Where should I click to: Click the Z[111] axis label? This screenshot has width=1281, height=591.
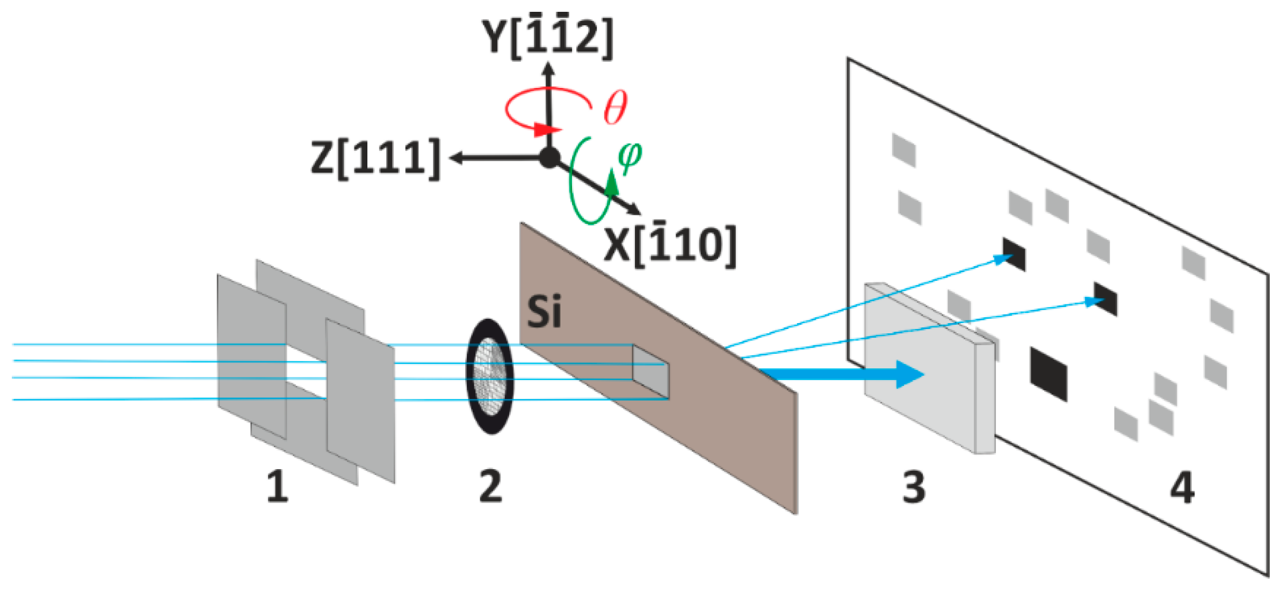[375, 158]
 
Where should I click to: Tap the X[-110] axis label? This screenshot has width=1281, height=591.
[670, 245]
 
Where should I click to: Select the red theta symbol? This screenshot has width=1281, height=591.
[615, 107]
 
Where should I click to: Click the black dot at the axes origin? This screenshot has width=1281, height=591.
[549, 158]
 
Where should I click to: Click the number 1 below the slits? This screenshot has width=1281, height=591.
[277, 486]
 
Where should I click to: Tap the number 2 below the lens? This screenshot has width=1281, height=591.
[490, 486]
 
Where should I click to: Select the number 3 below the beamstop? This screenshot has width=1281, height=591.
[914, 487]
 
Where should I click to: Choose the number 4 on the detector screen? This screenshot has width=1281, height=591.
[1182, 487]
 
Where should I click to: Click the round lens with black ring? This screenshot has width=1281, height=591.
[490, 376]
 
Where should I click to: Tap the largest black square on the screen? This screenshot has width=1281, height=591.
[1048, 374]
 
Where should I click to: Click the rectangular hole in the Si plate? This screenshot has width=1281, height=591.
[650, 372]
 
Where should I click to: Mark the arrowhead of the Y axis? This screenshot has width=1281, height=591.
[548, 69]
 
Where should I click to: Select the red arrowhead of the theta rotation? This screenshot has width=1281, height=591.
[549, 129]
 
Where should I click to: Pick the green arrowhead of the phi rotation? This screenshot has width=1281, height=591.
[611, 183]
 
